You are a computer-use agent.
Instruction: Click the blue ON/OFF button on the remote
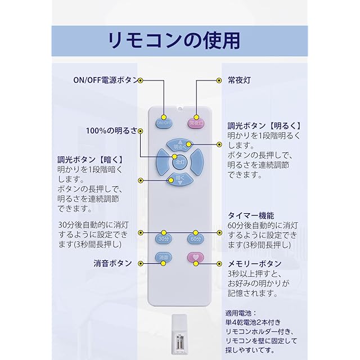[164, 123]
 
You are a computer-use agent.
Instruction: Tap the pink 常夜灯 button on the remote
[196, 123]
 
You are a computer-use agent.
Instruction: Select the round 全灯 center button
[180, 162]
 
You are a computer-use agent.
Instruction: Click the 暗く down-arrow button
[180, 179]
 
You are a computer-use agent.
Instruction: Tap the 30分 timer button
[164, 238]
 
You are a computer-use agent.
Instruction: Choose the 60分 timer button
[196, 238]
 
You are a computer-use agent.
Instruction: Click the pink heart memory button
[196, 257]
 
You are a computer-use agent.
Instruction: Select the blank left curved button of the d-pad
[163, 162]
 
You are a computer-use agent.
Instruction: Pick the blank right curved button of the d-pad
[197, 162]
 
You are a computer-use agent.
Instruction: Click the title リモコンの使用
[174, 40]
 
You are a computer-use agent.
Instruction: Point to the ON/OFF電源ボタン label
[106, 80]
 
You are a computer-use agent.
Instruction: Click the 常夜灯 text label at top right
[239, 80]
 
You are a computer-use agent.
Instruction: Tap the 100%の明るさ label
[111, 130]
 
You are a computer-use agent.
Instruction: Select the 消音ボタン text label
[112, 263]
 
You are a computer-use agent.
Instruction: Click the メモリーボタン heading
[255, 264]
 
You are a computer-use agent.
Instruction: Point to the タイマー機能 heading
[251, 215]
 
